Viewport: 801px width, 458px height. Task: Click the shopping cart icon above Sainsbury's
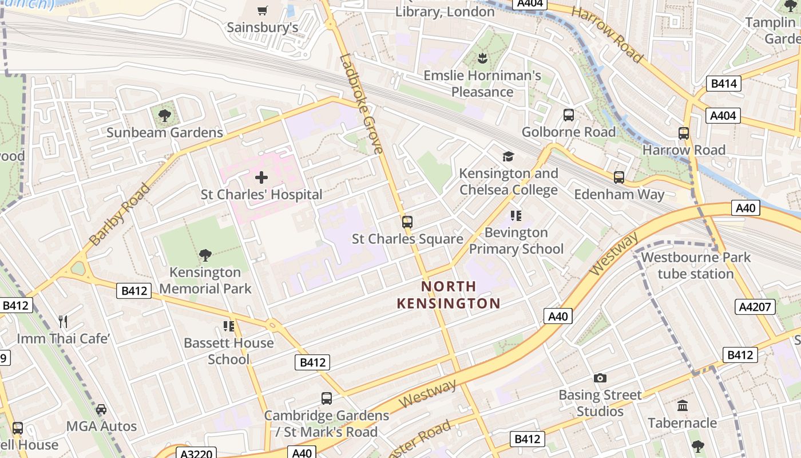[x=263, y=10]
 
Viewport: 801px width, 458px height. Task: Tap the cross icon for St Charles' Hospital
[x=261, y=177]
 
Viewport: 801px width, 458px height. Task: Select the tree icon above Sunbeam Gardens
[x=165, y=116]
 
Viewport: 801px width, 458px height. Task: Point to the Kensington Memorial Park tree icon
[x=205, y=255]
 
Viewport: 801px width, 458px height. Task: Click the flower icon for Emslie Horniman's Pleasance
[x=482, y=58]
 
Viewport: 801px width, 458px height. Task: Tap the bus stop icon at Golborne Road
[x=568, y=115]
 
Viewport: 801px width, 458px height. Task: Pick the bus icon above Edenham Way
[x=618, y=177]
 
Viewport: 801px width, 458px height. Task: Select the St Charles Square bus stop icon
[x=407, y=222]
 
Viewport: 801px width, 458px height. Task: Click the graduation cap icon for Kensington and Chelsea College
[x=507, y=157]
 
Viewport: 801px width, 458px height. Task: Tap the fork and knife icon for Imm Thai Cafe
[x=63, y=322]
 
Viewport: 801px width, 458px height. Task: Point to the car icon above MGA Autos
[x=101, y=409]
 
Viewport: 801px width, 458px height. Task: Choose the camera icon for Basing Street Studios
[x=600, y=378]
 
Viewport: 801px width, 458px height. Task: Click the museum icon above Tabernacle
[x=682, y=406]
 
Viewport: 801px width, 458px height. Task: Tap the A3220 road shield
[x=196, y=453]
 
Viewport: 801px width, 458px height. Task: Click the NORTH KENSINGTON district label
[x=449, y=295]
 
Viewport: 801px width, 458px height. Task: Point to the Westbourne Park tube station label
[x=695, y=265]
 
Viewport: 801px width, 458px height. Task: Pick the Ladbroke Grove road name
[x=361, y=104]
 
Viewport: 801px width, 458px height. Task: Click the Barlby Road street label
[x=120, y=215]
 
